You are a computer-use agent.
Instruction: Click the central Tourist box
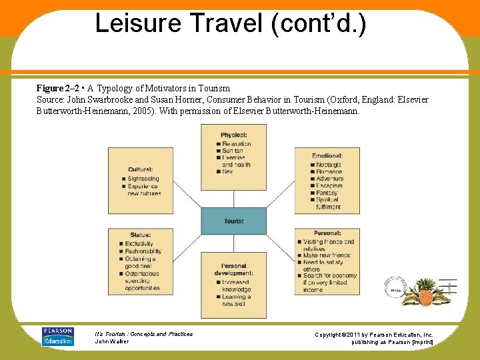[233, 221]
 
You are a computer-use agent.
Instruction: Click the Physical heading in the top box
[233, 135]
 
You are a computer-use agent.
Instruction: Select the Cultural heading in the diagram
[141, 170]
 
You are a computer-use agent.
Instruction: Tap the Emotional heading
[327, 156]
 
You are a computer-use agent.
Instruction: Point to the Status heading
[141, 235]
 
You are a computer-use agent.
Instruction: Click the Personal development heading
[233, 269]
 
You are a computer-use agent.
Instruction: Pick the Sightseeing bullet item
[143, 179]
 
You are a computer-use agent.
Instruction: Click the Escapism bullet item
[329, 186]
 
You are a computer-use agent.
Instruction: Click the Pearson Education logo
[57, 336]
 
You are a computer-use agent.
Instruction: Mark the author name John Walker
[113, 341]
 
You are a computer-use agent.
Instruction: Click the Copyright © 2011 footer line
[373, 334]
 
